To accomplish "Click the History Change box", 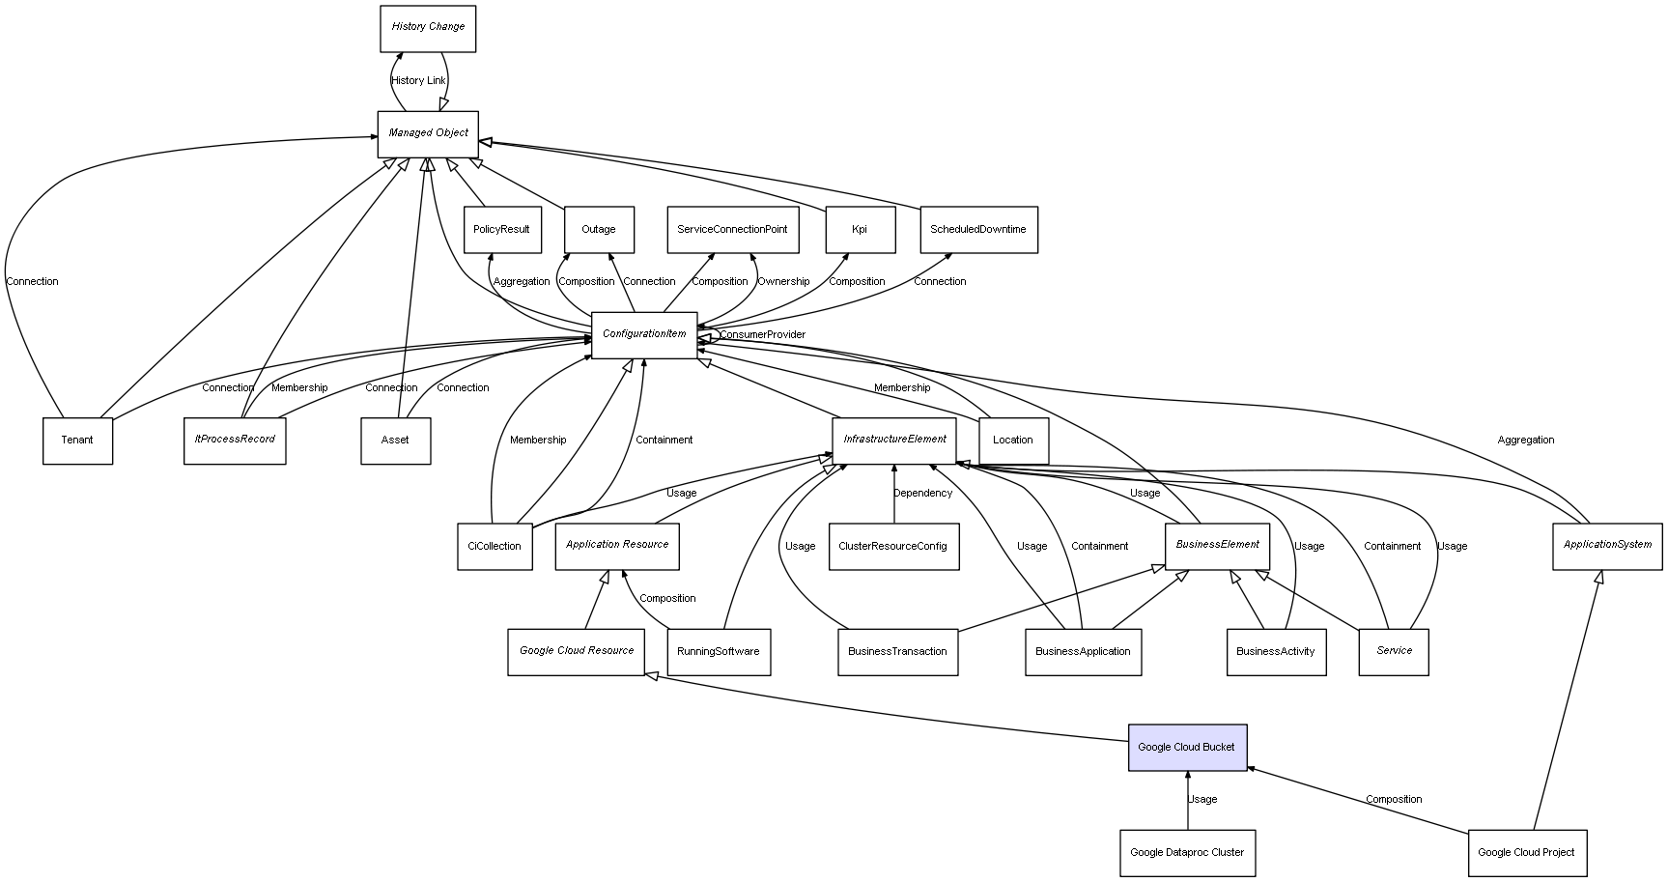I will coord(428,28).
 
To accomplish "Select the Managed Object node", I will coord(428,133).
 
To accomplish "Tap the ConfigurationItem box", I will coord(644,334).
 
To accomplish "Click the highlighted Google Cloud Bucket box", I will coord(1187,747).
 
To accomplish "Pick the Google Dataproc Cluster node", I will coord(1187,852).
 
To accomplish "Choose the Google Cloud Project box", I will coord(1526,852).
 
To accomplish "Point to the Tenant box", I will coord(77,440).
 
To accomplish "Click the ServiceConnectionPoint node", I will coord(732,229).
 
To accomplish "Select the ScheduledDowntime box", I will coord(977,229).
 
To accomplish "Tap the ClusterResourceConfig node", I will coord(893,546).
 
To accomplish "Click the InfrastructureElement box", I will coord(894,440).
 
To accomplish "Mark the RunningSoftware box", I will coord(718,651).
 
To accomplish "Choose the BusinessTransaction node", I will coord(897,651).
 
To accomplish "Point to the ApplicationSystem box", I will coord(1607,545).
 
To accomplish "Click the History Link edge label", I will coord(419,81).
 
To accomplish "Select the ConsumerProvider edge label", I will coord(762,335).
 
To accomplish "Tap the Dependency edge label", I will coord(922,494).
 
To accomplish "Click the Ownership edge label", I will coord(783,282).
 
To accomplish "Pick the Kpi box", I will coord(860,229).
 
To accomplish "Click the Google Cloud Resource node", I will coord(577,651).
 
